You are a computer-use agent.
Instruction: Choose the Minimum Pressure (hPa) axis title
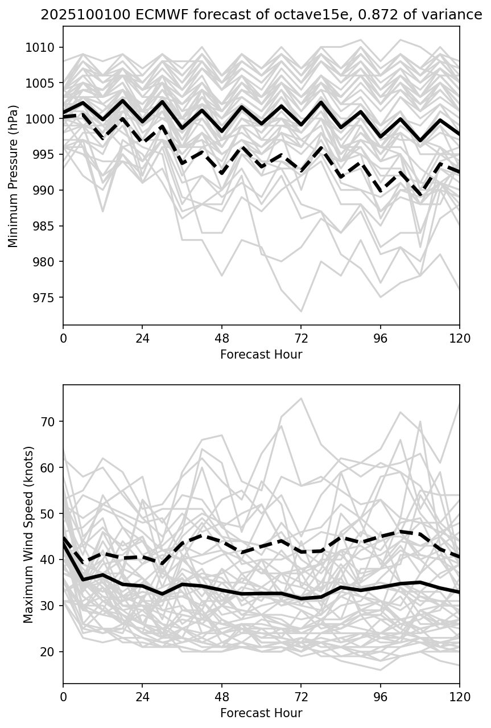(x=14, y=176)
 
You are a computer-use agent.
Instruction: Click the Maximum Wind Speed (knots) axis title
(x=28, y=534)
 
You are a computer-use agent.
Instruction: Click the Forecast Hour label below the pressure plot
(x=261, y=355)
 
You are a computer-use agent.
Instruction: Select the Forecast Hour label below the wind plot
(x=261, y=713)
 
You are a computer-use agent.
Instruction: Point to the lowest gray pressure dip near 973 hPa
(x=301, y=311)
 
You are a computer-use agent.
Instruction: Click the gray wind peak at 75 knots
(x=301, y=398)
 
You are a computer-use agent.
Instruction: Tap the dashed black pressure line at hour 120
(x=459, y=172)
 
